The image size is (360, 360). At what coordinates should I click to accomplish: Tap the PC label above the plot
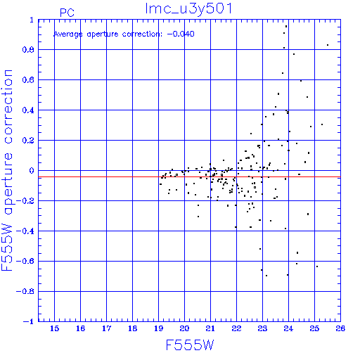[67, 13]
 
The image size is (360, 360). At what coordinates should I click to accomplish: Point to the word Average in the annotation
[68, 34]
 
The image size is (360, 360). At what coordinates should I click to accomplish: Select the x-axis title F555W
[190, 345]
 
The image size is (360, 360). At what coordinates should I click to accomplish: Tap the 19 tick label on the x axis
[158, 328]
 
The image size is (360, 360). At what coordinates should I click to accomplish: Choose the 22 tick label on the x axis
[236, 328]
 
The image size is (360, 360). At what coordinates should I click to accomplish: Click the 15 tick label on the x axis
[54, 328]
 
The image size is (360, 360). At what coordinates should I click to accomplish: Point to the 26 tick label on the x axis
[340, 328]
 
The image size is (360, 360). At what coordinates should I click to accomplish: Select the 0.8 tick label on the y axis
[28, 50]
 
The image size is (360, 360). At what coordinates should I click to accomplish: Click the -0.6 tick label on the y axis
[25, 261]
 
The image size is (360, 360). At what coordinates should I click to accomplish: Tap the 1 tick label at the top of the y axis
[32, 20]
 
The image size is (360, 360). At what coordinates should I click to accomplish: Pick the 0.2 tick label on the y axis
[28, 141]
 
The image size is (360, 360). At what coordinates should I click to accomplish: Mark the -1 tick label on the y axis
[28, 321]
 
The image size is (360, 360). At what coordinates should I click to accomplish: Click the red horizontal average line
[189, 176]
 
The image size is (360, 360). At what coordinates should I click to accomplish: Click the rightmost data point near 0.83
[328, 45]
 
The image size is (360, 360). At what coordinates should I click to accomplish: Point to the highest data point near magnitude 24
[286, 27]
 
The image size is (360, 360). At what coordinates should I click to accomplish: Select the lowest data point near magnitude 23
[266, 276]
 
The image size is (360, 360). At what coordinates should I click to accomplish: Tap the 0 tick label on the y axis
[32, 171]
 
